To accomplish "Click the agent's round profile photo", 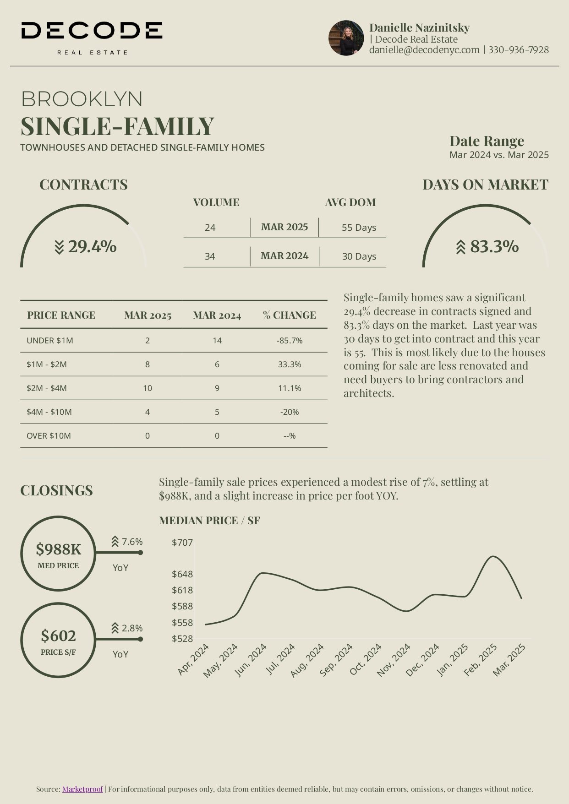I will [346, 38].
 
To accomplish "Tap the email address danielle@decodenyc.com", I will [424, 50].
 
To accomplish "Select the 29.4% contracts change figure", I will [92, 247].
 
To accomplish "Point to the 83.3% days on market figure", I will [494, 247].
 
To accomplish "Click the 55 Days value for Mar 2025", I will [359, 228].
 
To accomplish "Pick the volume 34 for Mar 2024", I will [210, 256].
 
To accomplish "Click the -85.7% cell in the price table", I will [290, 341].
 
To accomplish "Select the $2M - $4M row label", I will [47, 388].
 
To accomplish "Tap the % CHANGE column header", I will [290, 315].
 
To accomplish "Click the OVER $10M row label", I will [49, 436].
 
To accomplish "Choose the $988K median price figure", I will [58, 549].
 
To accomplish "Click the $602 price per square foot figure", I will [58, 636].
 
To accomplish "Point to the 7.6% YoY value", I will [132, 542].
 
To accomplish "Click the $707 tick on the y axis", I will [182, 543].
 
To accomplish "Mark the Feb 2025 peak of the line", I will [493, 556].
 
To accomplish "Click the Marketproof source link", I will [82, 789].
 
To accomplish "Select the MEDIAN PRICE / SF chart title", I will [209, 521].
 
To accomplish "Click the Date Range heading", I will [487, 141].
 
